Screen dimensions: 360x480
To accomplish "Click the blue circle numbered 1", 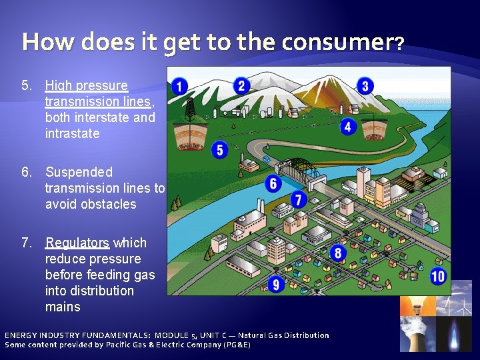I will (179, 87).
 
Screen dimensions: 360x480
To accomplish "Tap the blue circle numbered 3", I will (364, 85).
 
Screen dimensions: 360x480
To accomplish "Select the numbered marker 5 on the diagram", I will (220, 149).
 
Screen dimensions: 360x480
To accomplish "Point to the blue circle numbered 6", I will (273, 183).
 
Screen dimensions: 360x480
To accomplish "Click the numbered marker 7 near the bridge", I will (298, 199).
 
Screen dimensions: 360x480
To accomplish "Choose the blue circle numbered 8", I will (338, 253).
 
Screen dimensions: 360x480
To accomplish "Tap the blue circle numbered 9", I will (275, 285).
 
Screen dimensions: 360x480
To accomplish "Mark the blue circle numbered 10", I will (437, 276).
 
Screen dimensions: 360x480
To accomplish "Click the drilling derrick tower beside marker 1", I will (191, 107).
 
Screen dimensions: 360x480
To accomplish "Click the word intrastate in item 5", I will (72, 133).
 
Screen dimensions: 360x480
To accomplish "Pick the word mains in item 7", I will (63, 307).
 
